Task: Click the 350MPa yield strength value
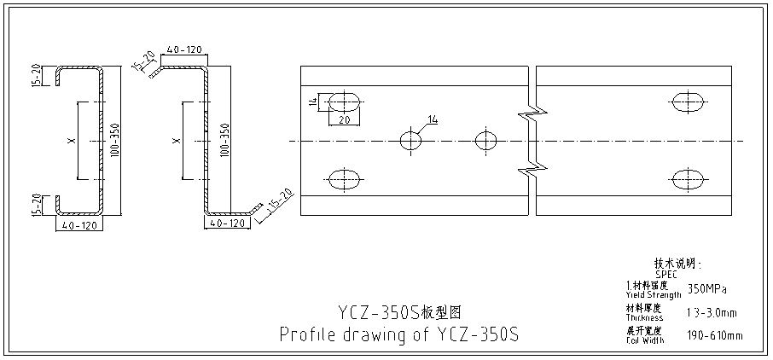point(706,289)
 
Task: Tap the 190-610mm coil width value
point(713,335)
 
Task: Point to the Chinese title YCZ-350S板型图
point(398,308)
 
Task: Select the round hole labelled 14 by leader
point(411,140)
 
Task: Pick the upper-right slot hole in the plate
point(689,102)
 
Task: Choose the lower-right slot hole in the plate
point(689,179)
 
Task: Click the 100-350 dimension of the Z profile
point(224,140)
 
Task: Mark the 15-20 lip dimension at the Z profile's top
point(144,61)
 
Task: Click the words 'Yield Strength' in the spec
point(653,294)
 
